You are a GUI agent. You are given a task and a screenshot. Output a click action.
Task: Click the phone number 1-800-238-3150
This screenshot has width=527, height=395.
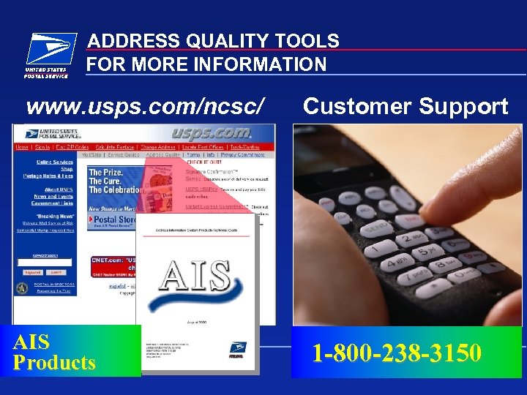[x=397, y=353]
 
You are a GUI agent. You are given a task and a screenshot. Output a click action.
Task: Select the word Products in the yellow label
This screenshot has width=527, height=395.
[x=54, y=363]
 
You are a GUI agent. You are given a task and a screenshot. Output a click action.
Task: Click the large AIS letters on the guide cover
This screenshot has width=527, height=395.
[x=195, y=275]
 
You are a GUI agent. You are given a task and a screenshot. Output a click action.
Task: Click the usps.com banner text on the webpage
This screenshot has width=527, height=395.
[x=212, y=133]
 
